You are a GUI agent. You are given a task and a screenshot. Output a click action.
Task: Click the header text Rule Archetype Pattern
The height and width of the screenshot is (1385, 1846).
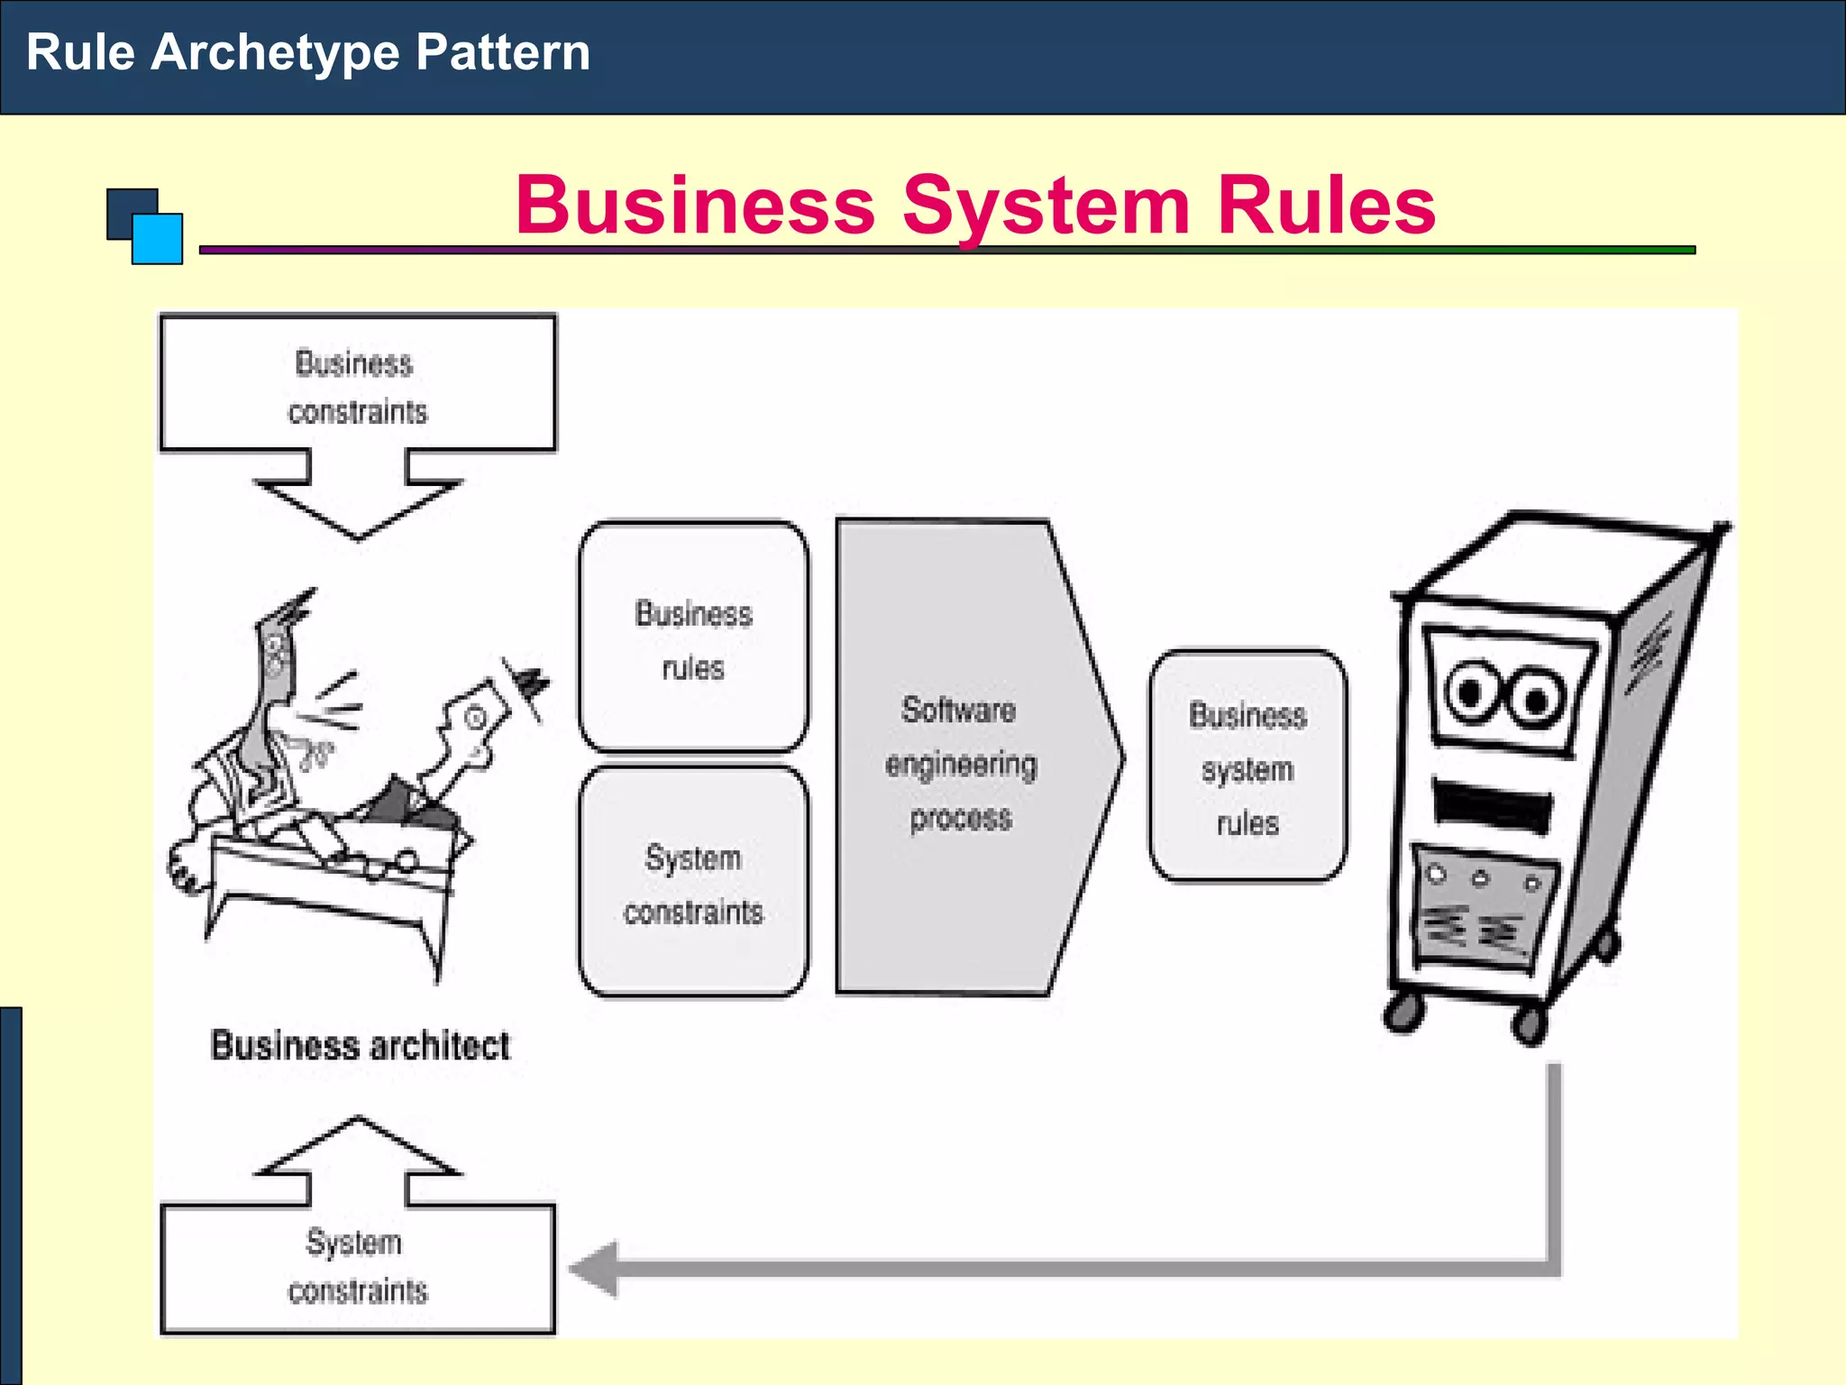pyautogui.click(x=308, y=52)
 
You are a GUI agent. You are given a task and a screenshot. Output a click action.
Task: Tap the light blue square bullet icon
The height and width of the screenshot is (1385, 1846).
pyautogui.click(x=159, y=240)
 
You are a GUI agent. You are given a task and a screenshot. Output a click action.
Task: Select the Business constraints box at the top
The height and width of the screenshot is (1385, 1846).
pyautogui.click(x=358, y=383)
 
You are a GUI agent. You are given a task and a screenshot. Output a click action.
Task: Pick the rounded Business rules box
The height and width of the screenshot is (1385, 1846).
pyautogui.click(x=693, y=637)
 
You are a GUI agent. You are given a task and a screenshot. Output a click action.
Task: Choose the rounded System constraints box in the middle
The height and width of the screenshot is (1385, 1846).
pyautogui.click(x=693, y=883)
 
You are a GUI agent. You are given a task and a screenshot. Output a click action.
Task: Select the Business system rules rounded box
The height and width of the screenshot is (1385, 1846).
pyautogui.click(x=1247, y=766)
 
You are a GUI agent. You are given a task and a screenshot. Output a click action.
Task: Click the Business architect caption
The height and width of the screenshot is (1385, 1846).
pyautogui.click(x=360, y=1046)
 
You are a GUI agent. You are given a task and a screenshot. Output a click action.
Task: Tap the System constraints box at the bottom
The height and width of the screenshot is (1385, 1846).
pyautogui.click(x=358, y=1269)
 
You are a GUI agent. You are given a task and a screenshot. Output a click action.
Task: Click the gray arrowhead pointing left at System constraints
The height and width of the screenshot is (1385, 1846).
pyautogui.click(x=595, y=1269)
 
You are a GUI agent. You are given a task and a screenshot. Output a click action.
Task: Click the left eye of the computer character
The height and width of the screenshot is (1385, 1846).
pyautogui.click(x=1469, y=692)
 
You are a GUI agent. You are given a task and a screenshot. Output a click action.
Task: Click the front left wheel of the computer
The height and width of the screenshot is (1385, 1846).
pyautogui.click(x=1404, y=1012)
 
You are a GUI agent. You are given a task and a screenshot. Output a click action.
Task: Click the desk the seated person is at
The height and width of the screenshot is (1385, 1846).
pyautogui.click(x=329, y=884)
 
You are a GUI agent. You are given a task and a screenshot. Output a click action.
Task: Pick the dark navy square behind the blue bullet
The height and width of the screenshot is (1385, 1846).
pyautogui.click(x=124, y=207)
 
